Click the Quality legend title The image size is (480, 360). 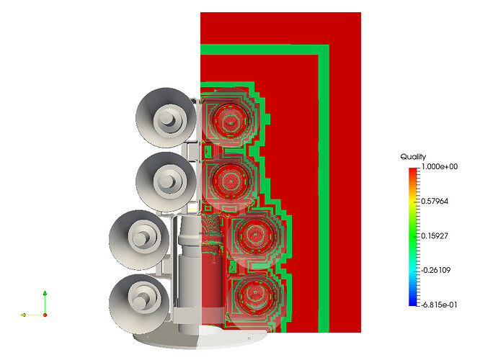pos(413,157)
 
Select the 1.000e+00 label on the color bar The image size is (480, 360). pos(440,167)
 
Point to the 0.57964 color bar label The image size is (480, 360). pos(435,202)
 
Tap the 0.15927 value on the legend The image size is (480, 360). pos(435,236)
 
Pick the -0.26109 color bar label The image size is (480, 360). pos(435,271)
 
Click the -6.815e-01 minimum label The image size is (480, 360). pos(439,305)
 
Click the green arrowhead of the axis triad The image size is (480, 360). pos(45,293)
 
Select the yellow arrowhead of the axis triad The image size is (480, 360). pos(23,315)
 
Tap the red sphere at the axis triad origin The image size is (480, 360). pos(45,315)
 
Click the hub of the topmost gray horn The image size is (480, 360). pos(167,118)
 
